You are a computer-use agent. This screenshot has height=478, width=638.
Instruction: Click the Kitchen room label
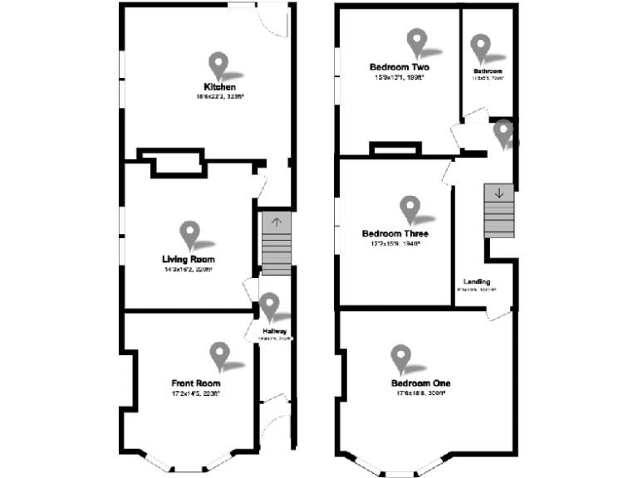(x=219, y=87)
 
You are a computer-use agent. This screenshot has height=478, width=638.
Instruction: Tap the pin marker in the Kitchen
(x=218, y=64)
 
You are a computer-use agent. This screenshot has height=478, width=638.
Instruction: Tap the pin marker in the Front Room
(x=219, y=354)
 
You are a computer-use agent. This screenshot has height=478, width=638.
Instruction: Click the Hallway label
(x=275, y=332)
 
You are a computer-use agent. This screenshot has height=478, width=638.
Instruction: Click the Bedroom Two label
(x=399, y=67)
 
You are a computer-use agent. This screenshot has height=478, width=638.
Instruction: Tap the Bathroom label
(x=488, y=71)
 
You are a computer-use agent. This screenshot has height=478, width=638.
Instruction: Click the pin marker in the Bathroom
(x=480, y=46)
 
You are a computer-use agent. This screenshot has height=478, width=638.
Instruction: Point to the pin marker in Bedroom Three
(x=409, y=207)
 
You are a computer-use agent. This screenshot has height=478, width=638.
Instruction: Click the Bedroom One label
(x=420, y=383)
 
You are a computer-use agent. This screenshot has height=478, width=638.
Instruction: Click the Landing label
(x=477, y=282)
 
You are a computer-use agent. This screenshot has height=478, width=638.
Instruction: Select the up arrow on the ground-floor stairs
(x=276, y=222)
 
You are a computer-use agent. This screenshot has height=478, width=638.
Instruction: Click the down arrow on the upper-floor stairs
(x=498, y=193)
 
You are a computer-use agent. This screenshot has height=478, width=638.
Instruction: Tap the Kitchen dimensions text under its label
(x=219, y=97)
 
